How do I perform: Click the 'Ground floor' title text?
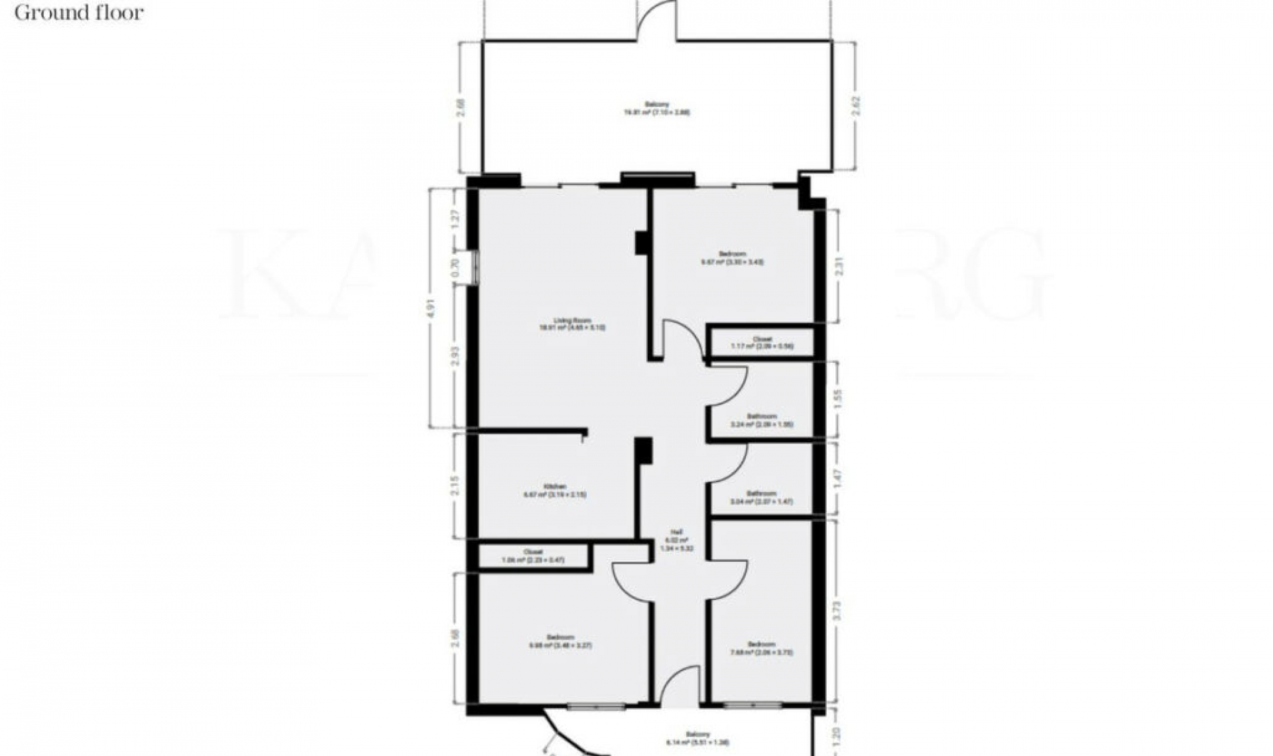click(79, 13)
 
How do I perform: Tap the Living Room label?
click(572, 324)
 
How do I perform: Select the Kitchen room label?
click(556, 491)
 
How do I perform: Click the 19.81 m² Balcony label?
click(656, 109)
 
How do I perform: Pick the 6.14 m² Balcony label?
click(698, 738)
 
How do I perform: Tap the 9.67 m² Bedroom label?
click(732, 258)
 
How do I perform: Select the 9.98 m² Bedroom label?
click(560, 641)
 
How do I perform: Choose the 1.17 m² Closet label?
click(762, 342)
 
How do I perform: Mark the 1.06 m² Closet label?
click(533, 556)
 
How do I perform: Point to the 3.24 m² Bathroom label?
click(762, 420)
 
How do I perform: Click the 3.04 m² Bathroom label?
click(761, 497)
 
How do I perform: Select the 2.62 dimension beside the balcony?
click(856, 107)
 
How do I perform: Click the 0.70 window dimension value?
click(455, 267)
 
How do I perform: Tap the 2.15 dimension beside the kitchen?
click(455, 486)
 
